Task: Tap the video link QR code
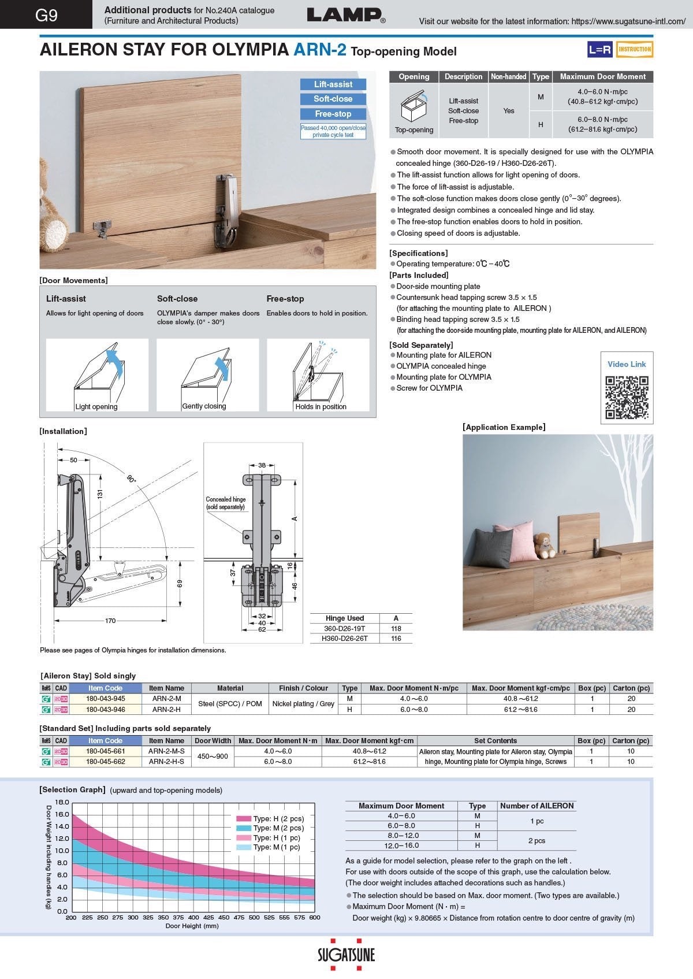click(x=627, y=397)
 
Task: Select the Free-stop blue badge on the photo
click(x=333, y=114)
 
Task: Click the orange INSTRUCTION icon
click(x=635, y=49)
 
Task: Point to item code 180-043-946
click(x=105, y=709)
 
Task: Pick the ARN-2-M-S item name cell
click(x=166, y=751)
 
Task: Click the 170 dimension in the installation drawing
click(x=110, y=621)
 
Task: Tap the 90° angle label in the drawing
click(x=131, y=479)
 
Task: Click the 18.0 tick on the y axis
click(x=62, y=802)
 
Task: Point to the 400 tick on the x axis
click(x=193, y=917)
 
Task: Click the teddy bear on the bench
click(x=544, y=545)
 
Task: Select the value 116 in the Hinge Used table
click(x=396, y=639)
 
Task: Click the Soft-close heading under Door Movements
click(x=177, y=299)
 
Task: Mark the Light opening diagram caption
click(x=96, y=407)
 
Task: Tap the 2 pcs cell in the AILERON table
click(x=536, y=840)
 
